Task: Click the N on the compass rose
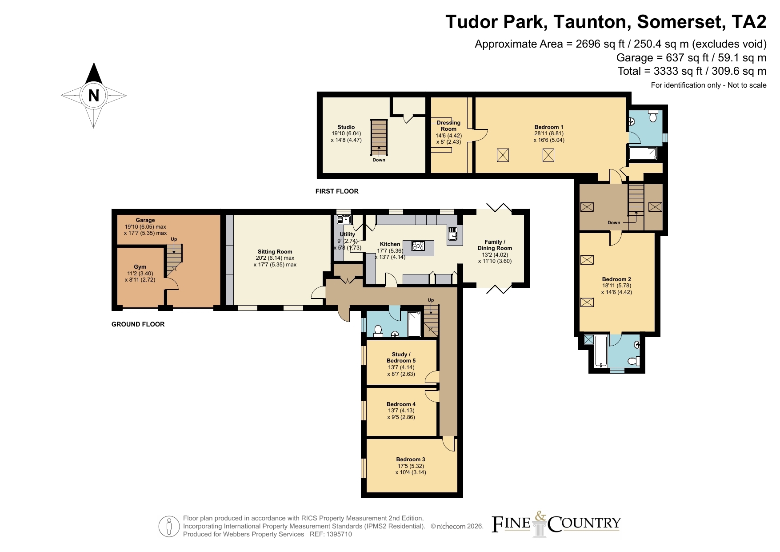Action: (93, 95)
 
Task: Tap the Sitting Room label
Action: (275, 252)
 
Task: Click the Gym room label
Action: (140, 267)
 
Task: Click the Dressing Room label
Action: (448, 126)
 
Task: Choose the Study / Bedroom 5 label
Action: (401, 358)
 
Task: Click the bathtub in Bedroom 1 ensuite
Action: (643, 154)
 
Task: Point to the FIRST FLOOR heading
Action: (337, 191)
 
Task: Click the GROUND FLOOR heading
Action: (138, 324)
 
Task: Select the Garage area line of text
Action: (691, 58)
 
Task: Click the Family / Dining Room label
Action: (495, 245)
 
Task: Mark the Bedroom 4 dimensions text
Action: (401, 414)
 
